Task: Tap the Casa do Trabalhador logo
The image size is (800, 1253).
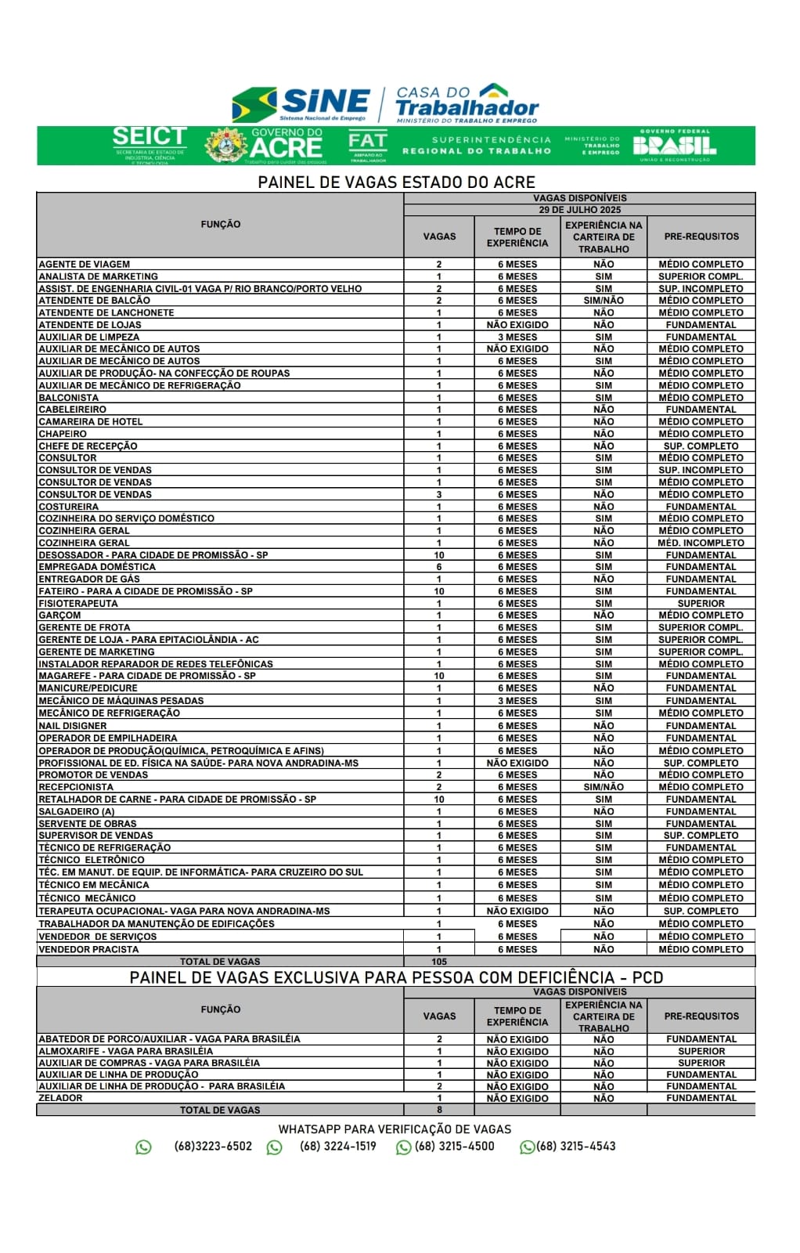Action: [467, 104]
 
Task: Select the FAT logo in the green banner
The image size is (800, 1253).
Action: [367, 145]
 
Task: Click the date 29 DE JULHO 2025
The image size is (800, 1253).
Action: [579, 210]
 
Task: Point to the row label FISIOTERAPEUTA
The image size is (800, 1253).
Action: [78, 604]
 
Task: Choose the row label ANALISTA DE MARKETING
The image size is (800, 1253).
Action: [98, 276]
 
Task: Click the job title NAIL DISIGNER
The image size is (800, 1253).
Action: [73, 726]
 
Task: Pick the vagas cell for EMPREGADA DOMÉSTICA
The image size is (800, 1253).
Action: [439, 567]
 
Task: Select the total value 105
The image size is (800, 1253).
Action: [439, 962]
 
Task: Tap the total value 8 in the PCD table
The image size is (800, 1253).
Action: [439, 1110]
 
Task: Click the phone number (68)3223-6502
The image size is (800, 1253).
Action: [213, 1146]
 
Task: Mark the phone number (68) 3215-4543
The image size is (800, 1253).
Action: [576, 1146]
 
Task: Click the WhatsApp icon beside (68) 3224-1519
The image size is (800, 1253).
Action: [275, 1147]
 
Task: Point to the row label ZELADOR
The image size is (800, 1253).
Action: [60, 1098]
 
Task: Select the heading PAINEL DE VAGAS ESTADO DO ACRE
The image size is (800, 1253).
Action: [396, 182]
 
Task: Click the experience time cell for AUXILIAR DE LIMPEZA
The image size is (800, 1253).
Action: [517, 337]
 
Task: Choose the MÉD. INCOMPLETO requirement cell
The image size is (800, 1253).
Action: [701, 543]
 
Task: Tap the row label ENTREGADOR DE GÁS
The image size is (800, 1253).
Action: [89, 580]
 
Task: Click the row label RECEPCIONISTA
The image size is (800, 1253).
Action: [76, 787]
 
